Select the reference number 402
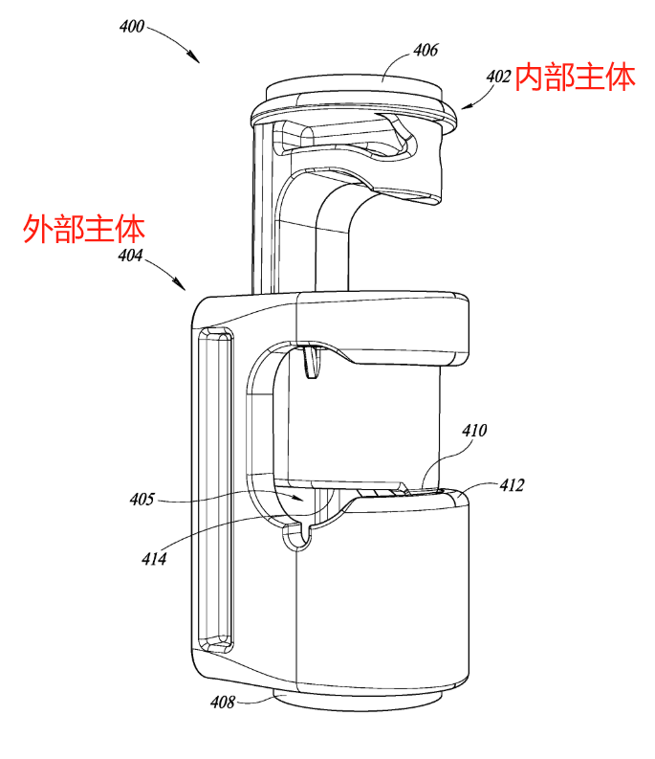coord(498,76)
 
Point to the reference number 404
coord(130,256)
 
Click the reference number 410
coord(474,431)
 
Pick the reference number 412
coord(512,485)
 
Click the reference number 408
coord(223,703)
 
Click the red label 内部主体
coord(575,78)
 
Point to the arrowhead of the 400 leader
coord(198,62)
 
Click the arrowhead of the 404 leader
coord(185,288)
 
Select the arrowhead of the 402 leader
coord(461,108)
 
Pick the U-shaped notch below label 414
coord(298,537)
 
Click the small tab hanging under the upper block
coord(309,362)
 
